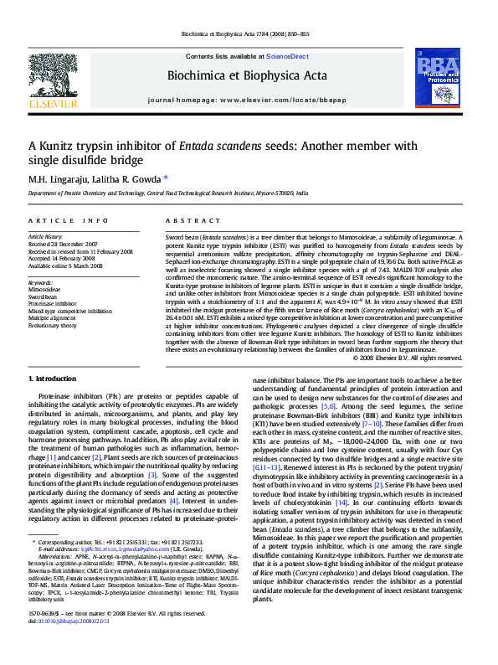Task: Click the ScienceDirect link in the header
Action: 287,56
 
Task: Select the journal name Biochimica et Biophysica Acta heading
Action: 247,76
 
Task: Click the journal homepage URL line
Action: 247,100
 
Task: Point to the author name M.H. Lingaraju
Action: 50,178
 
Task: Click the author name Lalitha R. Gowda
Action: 126,178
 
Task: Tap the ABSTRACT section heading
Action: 186,220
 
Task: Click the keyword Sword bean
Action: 44,296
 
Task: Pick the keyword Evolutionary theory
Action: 54,327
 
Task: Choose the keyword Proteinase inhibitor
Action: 53,304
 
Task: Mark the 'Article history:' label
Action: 46,237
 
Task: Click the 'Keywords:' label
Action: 40,282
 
